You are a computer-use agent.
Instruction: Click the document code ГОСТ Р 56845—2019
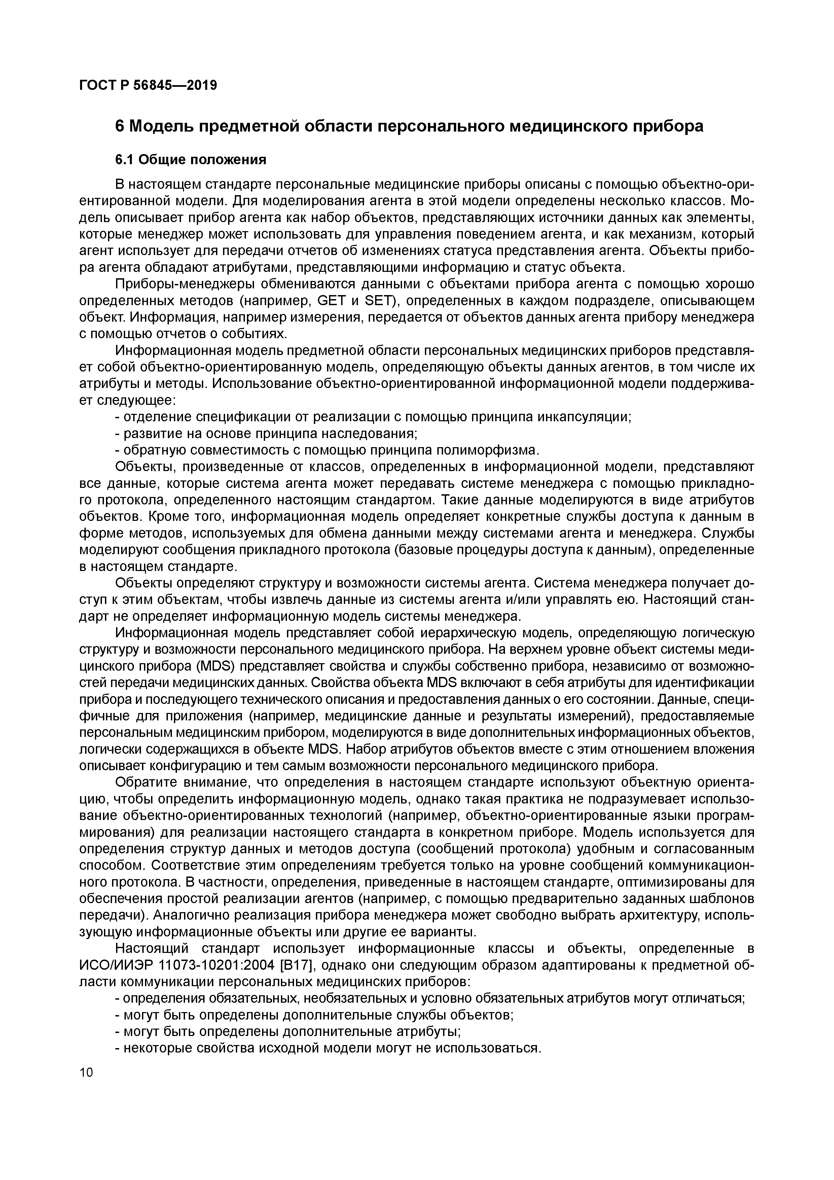pos(148,85)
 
